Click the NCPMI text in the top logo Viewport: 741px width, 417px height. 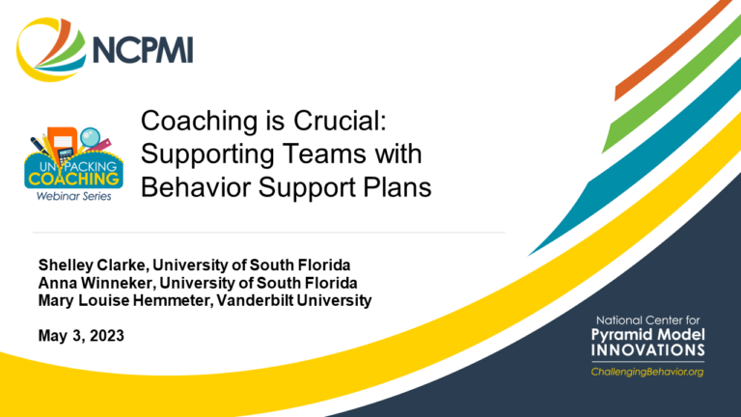coord(143,49)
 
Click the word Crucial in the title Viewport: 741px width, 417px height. coord(340,121)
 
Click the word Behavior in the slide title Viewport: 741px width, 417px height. coord(196,187)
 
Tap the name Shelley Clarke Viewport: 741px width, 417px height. coord(93,265)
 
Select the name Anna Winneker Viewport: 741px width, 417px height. coord(96,283)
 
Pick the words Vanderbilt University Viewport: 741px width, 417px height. coord(294,300)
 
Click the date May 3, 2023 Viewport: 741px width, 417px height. coord(81,336)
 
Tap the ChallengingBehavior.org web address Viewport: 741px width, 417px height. coord(647,372)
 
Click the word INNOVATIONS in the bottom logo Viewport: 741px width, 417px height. coord(648,350)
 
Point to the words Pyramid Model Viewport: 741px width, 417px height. coord(648,335)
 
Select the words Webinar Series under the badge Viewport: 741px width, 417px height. coord(73,196)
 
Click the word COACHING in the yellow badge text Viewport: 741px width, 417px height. coord(73,180)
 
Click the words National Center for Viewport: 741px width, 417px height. coord(648,320)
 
